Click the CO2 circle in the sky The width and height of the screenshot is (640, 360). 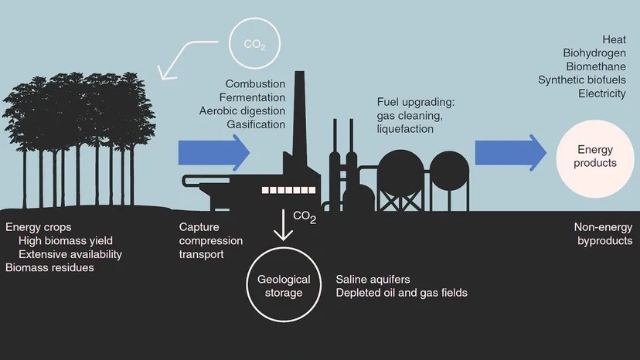pyautogui.click(x=254, y=44)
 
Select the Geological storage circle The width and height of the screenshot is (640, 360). pyautogui.click(x=279, y=285)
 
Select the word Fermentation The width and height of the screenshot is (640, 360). pyautogui.click(x=252, y=97)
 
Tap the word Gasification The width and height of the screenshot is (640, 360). pyautogui.click(x=256, y=124)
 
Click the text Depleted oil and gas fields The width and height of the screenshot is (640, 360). pyautogui.click(x=402, y=293)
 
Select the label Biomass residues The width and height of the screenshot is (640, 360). pyautogui.click(x=49, y=268)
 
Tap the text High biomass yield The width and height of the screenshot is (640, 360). pyautogui.click(x=66, y=241)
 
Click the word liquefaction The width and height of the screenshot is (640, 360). pyautogui.click(x=405, y=129)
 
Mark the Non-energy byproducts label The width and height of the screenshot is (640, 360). pyautogui.click(x=604, y=234)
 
